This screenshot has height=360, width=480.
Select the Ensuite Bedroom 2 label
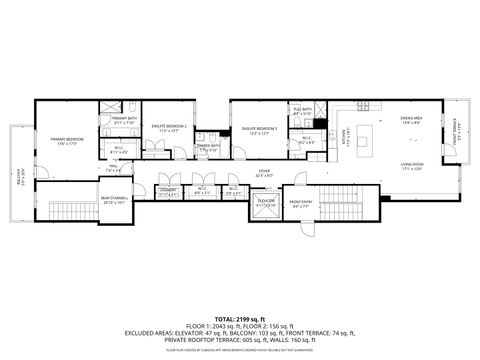point(170,128)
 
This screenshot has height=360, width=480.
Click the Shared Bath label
point(208,148)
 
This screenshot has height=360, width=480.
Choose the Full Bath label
point(302,112)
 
